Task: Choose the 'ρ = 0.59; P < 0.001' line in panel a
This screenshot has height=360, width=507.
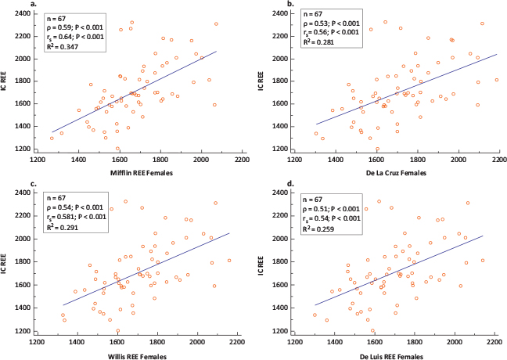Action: point(76,27)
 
